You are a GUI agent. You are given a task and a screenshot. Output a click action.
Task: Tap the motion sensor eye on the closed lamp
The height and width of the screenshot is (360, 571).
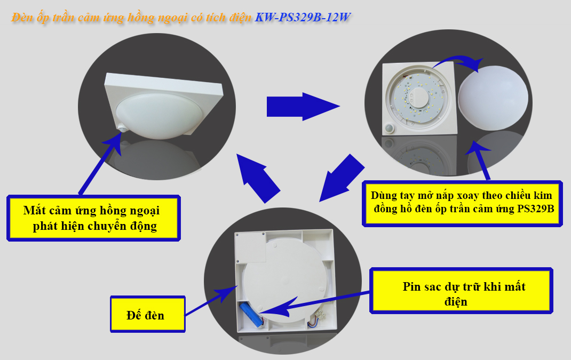(122, 128)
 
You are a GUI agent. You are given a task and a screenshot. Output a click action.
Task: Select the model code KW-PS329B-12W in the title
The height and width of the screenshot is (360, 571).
(303, 17)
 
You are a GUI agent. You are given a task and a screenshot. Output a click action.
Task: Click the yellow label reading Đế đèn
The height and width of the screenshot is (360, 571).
(148, 314)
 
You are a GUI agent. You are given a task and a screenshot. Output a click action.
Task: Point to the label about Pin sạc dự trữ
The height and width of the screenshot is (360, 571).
(462, 291)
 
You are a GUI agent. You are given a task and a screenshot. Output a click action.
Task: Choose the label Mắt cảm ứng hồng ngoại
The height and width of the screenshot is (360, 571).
(93, 218)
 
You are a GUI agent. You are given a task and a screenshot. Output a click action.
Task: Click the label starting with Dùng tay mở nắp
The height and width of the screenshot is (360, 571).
(462, 203)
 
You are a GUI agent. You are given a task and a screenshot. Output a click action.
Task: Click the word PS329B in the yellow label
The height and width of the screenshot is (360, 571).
(536, 209)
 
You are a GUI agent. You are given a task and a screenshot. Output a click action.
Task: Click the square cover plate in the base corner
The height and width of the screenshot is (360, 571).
(251, 247)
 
